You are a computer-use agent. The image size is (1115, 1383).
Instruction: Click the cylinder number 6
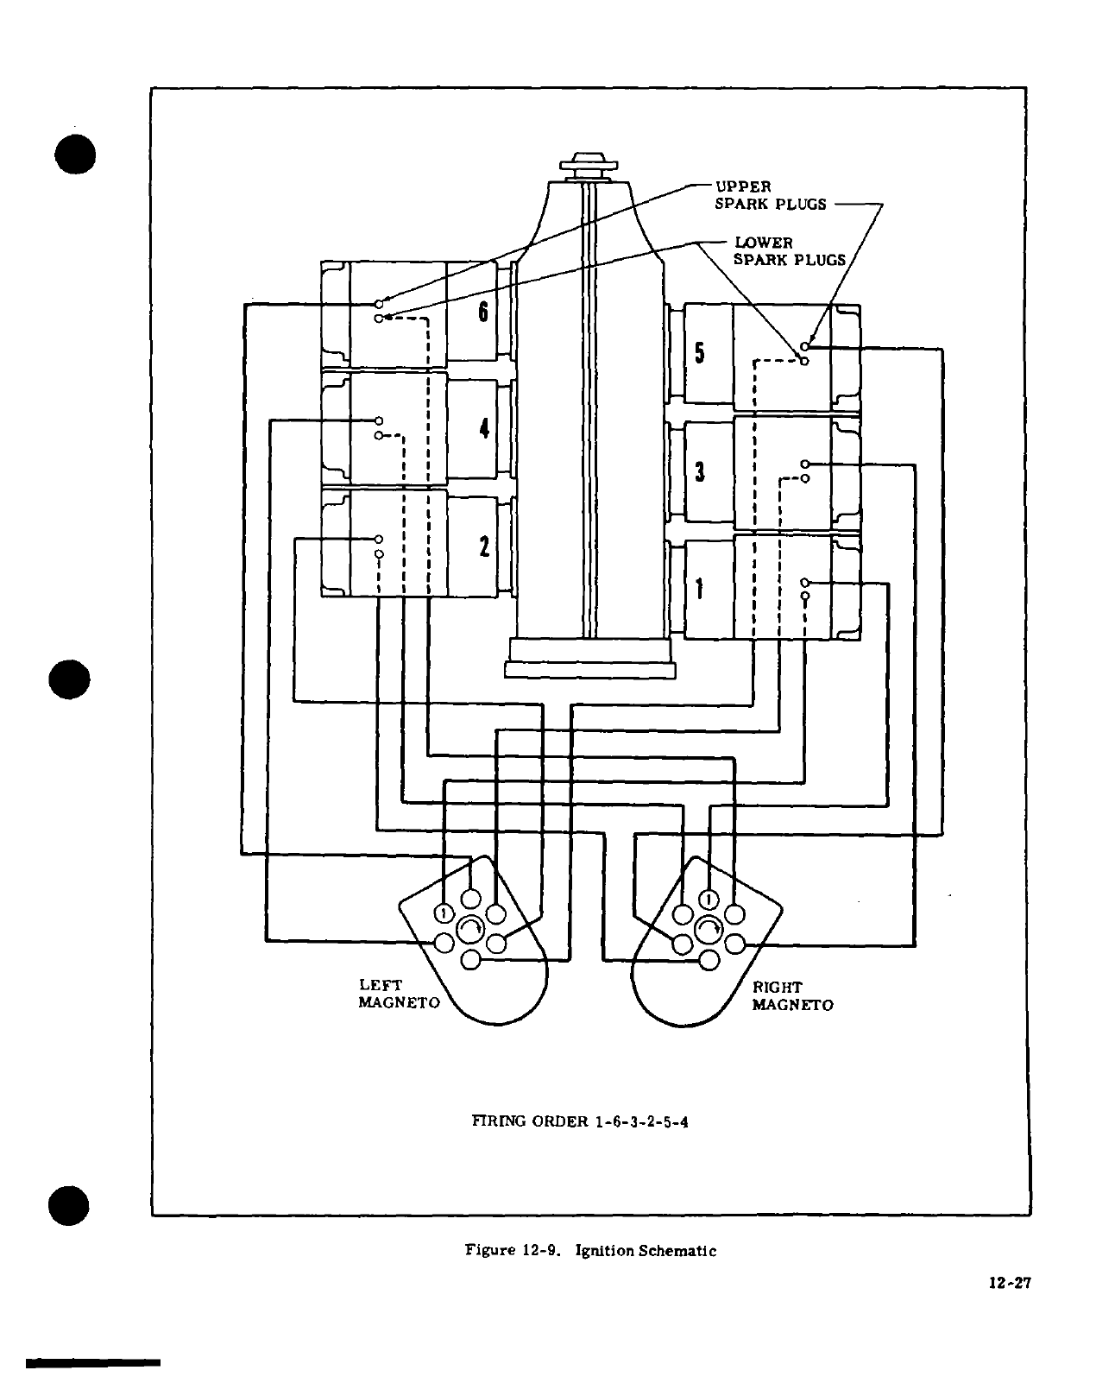[483, 312]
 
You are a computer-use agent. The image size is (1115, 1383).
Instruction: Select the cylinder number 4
[484, 427]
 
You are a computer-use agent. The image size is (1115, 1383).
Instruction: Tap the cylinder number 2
[484, 546]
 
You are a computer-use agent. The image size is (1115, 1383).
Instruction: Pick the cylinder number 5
[700, 353]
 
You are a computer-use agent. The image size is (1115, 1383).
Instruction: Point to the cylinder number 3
[700, 472]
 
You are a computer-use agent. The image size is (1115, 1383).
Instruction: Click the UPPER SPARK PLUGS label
[770, 195]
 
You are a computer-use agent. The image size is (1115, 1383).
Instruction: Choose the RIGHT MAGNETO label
[792, 996]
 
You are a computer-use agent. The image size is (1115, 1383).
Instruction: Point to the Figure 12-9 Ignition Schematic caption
[591, 1249]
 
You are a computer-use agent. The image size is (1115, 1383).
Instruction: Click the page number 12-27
[1010, 1282]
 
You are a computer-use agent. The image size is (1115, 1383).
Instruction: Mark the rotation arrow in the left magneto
[470, 929]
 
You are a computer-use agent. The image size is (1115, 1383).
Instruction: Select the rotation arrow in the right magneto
[709, 929]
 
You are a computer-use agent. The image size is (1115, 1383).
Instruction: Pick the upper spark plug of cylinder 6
[379, 304]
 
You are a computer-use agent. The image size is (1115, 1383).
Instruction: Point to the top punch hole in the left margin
[74, 155]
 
